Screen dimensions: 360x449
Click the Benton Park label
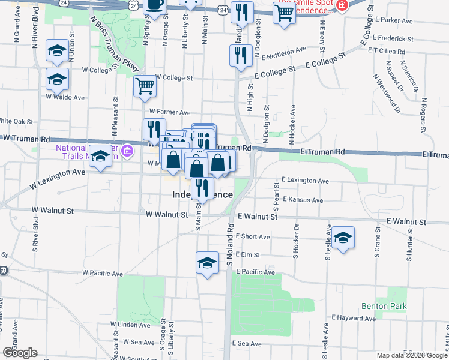coord(384,306)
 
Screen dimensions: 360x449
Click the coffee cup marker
coord(155,5)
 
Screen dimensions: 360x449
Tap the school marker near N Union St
coord(57,51)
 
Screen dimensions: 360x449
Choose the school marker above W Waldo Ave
coord(57,79)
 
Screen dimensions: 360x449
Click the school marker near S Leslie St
coord(343,237)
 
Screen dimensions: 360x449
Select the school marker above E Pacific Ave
coord(208,262)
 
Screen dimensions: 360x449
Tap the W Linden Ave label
coord(130,325)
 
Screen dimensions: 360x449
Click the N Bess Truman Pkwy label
coord(113,43)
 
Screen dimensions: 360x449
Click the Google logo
coord(20,353)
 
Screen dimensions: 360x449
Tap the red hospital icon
coord(342,5)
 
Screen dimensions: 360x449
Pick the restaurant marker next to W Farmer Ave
coord(154,128)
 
